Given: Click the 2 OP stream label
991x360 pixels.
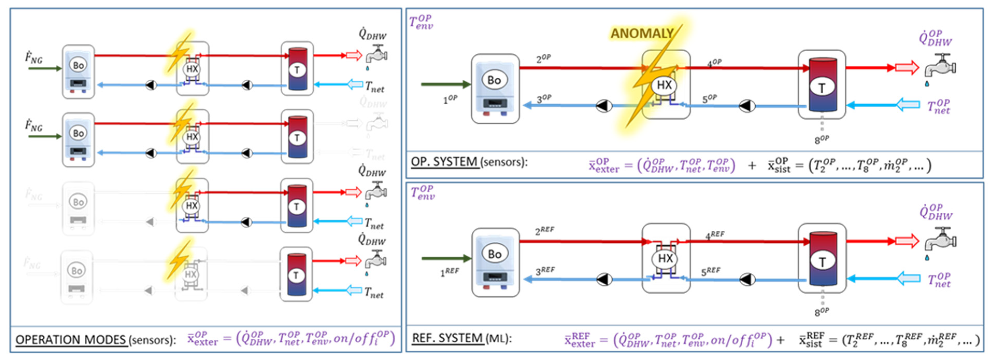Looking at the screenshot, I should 543,59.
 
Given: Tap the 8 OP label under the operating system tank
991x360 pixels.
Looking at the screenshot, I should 821,139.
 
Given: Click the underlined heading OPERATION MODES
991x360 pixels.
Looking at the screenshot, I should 71,340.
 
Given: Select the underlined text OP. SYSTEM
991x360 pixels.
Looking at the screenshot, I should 444,162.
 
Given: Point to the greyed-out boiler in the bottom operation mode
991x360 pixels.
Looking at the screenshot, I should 77,277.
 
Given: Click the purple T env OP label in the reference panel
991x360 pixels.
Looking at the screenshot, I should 422,193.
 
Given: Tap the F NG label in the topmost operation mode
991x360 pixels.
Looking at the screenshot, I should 34,59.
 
